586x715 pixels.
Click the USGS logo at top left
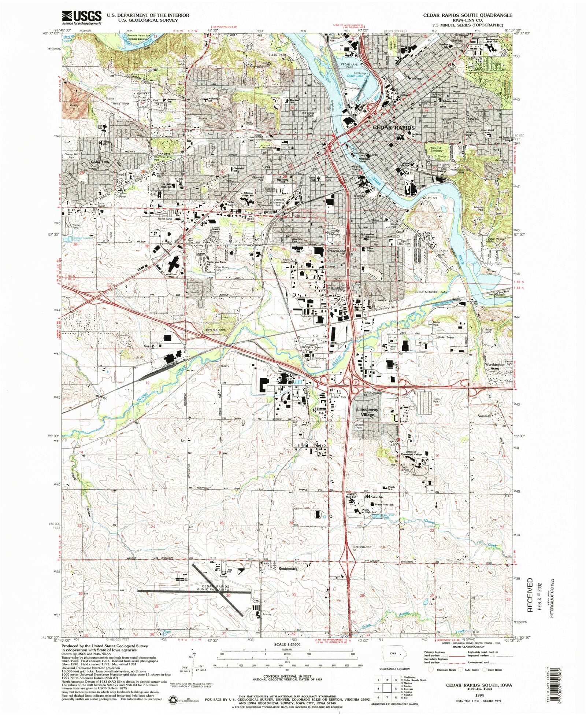click(82, 17)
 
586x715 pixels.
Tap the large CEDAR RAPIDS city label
click(393, 128)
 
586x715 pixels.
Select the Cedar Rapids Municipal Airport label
click(213, 588)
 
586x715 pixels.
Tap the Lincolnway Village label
click(367, 412)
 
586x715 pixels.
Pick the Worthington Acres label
click(495, 366)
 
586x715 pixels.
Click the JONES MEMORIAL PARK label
click(431, 292)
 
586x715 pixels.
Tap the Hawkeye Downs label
click(312, 347)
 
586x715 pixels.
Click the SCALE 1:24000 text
click(287, 644)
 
